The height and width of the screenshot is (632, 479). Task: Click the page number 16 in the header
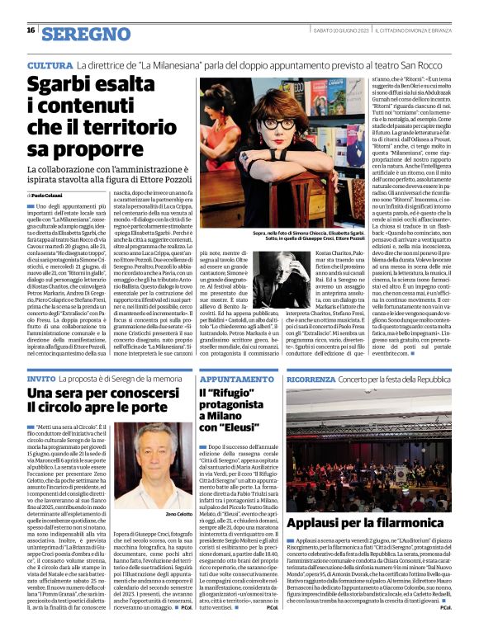click(31, 30)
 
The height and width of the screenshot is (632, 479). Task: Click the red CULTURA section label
click(50, 64)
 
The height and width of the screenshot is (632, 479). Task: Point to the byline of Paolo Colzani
click(47, 195)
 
